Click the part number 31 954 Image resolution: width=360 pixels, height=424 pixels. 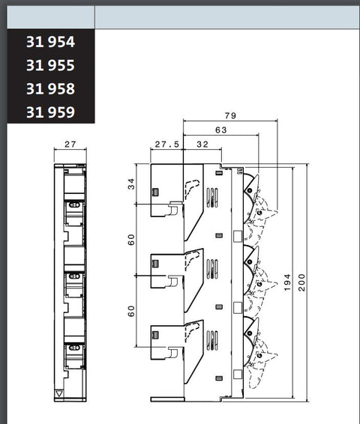pyautogui.click(x=50, y=42)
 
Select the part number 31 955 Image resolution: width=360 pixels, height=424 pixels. pyautogui.click(x=50, y=65)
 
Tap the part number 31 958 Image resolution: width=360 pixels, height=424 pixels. pyautogui.click(x=50, y=89)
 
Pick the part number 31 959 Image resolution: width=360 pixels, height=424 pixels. pyautogui.click(x=50, y=112)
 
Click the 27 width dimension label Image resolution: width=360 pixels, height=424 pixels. pyautogui.click(x=70, y=144)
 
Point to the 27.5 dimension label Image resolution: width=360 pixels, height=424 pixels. pyautogui.click(x=167, y=145)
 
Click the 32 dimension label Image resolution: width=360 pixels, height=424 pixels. pyautogui.click(x=202, y=145)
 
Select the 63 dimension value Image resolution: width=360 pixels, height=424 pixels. pyautogui.click(x=220, y=130)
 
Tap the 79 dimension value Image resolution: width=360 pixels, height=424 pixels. pyautogui.click(x=230, y=115)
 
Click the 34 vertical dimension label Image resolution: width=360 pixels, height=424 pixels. pyautogui.click(x=131, y=184)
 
